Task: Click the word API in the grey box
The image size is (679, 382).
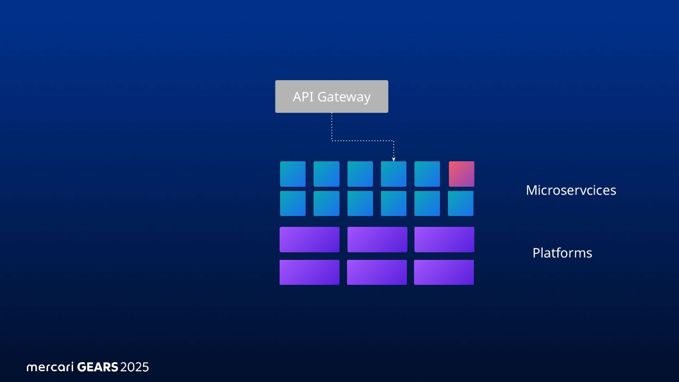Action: tap(303, 97)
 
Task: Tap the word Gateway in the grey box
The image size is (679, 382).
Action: tap(344, 97)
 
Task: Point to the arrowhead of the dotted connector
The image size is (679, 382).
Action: tap(394, 159)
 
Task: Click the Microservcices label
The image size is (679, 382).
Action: tap(571, 190)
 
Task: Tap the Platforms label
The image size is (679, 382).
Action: tap(562, 253)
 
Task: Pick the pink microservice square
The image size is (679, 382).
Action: tap(461, 174)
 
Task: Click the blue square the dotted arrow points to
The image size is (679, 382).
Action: tap(394, 174)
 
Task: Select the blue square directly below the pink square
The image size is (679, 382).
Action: tap(461, 203)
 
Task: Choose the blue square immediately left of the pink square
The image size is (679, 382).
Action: tap(427, 174)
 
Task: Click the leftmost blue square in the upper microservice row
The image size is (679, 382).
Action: tap(293, 174)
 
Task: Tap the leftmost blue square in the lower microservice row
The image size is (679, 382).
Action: tap(293, 203)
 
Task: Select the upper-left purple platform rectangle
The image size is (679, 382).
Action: tap(309, 240)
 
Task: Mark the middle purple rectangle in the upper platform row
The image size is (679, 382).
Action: tap(377, 240)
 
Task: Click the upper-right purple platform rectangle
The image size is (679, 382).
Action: tap(444, 240)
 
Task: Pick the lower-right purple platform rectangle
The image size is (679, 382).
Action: tap(444, 272)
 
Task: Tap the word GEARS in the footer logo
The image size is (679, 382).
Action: tap(97, 367)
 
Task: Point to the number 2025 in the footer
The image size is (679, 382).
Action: tap(134, 367)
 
